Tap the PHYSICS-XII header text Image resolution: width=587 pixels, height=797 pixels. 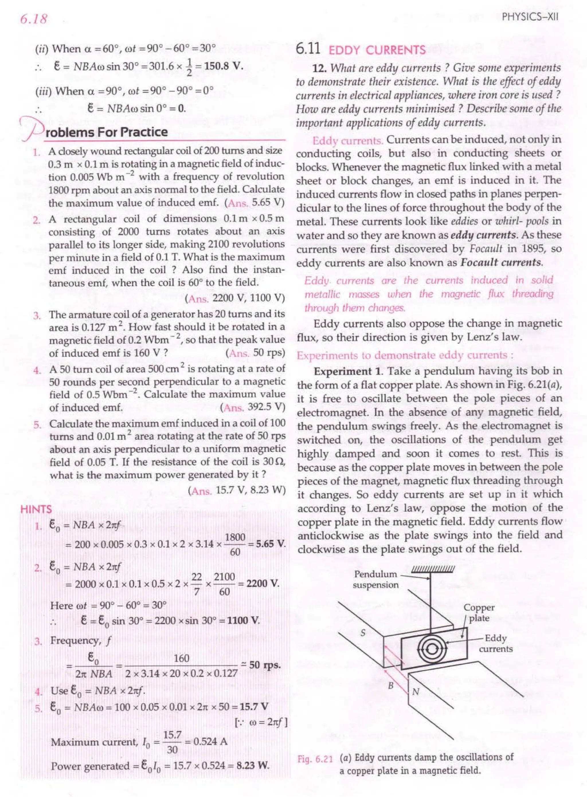click(x=531, y=17)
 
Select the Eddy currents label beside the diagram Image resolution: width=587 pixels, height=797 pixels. click(x=495, y=643)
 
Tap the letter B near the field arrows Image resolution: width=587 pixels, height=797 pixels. click(x=390, y=686)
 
